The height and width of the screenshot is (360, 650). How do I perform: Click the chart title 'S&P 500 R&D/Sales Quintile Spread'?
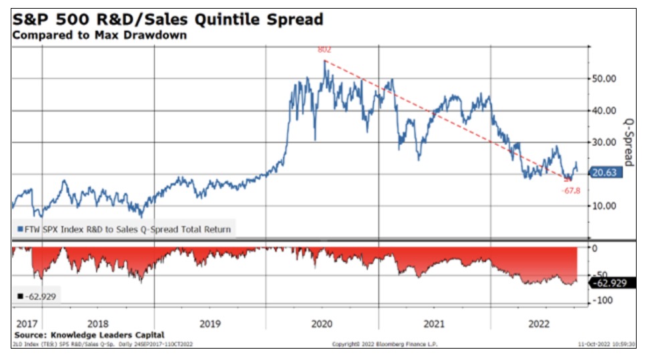coord(168,19)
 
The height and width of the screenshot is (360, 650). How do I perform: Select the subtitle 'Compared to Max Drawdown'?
coord(100,35)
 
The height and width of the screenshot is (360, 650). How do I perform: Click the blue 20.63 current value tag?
coord(607,172)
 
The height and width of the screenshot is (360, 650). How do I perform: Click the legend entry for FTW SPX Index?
coord(124,229)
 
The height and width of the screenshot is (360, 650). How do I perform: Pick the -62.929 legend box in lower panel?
coord(37,296)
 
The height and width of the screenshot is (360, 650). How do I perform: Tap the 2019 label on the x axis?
coord(210,324)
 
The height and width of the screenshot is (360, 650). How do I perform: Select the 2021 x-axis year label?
coord(434,324)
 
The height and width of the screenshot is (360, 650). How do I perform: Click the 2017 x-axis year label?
coord(25,324)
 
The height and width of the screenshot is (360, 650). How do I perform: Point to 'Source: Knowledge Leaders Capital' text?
coord(88,335)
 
